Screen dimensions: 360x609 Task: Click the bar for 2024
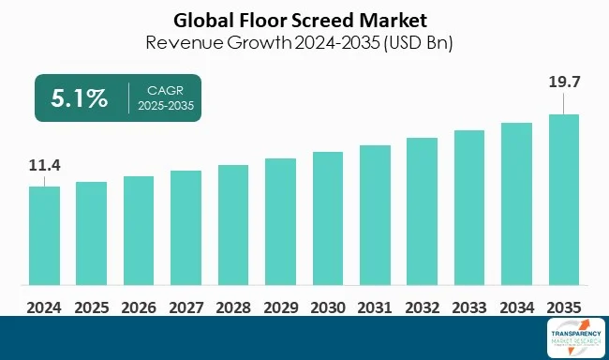(44, 236)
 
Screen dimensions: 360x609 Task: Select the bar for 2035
(564, 201)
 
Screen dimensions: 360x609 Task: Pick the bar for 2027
(186, 229)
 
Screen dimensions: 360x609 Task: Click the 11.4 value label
(44, 166)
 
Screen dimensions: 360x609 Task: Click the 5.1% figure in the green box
(80, 97)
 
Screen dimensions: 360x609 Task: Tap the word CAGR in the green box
(166, 91)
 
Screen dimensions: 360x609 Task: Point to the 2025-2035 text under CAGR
(166, 106)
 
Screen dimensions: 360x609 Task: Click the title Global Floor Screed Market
(304, 19)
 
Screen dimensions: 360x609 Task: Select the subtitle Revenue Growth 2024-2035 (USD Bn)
(304, 43)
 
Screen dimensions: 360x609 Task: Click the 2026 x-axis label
(139, 307)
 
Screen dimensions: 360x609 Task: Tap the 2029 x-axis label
(280, 307)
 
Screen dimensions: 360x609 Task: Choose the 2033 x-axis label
(469, 307)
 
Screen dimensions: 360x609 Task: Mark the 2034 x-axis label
(516, 307)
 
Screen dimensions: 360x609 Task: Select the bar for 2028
(233, 226)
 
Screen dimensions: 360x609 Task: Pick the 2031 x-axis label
(375, 307)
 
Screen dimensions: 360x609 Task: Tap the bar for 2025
(91, 234)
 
